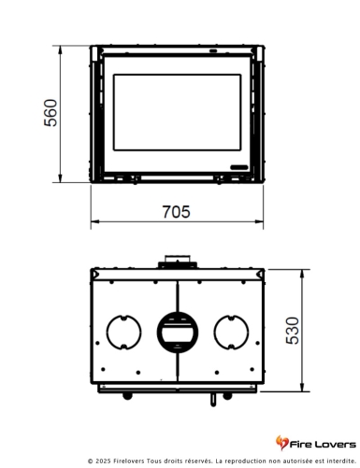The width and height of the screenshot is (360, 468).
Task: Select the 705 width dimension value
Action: tap(176, 212)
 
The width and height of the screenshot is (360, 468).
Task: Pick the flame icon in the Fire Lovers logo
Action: tap(281, 442)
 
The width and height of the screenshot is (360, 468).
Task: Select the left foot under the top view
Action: tap(128, 394)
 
